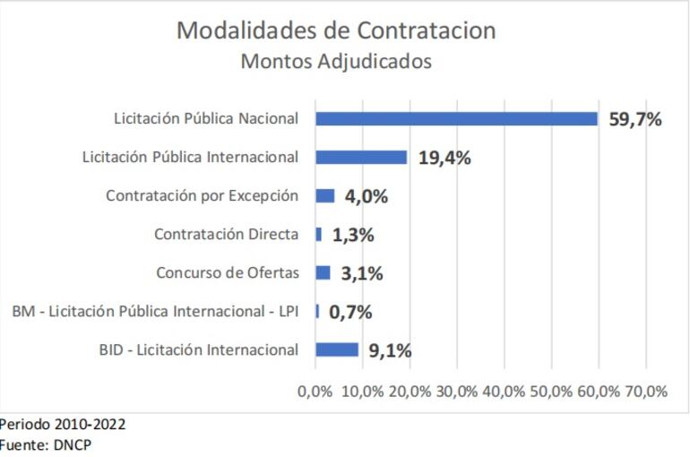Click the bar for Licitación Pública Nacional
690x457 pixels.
(x=456, y=119)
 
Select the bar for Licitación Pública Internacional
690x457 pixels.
(x=361, y=158)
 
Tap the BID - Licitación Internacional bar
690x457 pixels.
(x=337, y=349)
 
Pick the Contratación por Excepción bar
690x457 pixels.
(x=325, y=196)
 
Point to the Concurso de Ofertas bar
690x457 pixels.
(x=323, y=272)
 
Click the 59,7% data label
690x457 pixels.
(x=635, y=119)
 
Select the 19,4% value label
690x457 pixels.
(x=444, y=158)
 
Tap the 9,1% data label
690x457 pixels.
(x=391, y=350)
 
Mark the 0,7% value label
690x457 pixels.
(x=350, y=312)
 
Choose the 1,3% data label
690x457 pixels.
(x=353, y=235)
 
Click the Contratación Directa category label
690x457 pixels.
(x=226, y=235)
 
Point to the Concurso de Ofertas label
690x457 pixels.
(x=227, y=272)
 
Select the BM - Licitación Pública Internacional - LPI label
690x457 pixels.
(x=154, y=312)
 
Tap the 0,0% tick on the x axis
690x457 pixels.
(x=315, y=392)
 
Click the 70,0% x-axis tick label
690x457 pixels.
(x=645, y=392)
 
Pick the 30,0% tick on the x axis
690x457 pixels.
(x=456, y=392)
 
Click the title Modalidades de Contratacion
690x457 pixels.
(x=335, y=30)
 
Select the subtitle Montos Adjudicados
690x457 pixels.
(x=335, y=62)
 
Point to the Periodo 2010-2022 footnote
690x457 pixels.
(x=63, y=423)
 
